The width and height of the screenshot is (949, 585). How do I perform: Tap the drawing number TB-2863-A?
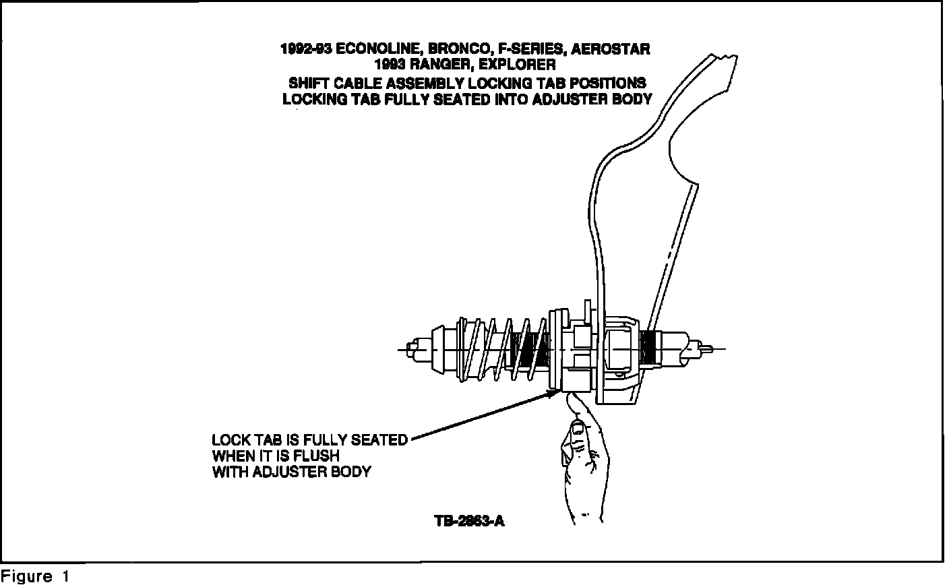pyautogui.click(x=469, y=521)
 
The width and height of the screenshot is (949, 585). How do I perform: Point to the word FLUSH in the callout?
pyautogui.click(x=316, y=456)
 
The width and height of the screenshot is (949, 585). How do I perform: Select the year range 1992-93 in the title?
pyautogui.click(x=305, y=49)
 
